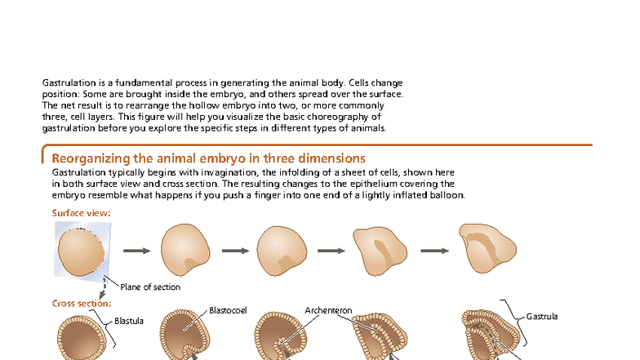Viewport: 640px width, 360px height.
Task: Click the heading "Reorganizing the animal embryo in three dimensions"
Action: point(209,158)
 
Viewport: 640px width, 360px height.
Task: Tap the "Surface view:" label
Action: point(82,213)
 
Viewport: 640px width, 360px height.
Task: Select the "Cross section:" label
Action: point(82,304)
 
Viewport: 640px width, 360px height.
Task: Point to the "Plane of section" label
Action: point(150,287)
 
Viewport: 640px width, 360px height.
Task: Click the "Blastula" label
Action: point(129,321)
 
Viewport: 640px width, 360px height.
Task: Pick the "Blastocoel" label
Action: point(229,310)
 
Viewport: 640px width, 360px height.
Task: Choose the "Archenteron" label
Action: point(328,310)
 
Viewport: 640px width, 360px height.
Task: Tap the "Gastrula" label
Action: point(542,317)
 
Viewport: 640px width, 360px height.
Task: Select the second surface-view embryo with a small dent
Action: point(185,250)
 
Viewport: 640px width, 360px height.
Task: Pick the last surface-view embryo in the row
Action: point(488,248)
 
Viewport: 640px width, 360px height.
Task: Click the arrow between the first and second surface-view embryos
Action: point(137,251)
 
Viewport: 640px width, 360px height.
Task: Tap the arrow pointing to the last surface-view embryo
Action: point(434,251)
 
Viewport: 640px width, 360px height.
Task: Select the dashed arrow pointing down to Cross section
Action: point(103,287)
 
